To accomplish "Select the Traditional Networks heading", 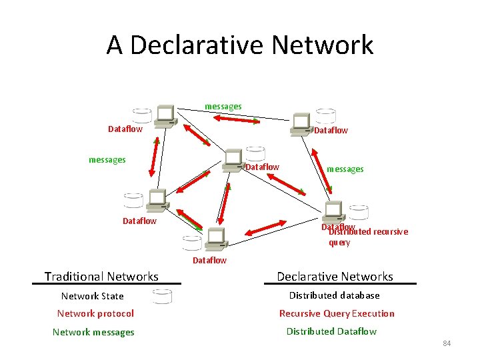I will coord(101,276).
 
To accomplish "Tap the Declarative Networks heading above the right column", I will coord(335,276).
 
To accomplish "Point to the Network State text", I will coord(92,295).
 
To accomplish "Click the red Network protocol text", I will coord(95,313).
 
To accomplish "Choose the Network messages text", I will coord(93,332).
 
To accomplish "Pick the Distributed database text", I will coord(334,295).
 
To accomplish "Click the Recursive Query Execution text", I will coord(337,313).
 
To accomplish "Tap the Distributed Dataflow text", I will coord(331,331).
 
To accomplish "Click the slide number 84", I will coord(447,343).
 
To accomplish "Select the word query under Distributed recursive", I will coord(339,243).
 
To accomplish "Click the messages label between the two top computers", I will coord(223,106).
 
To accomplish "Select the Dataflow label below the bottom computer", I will coord(209,260).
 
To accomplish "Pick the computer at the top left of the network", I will coord(164,116).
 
